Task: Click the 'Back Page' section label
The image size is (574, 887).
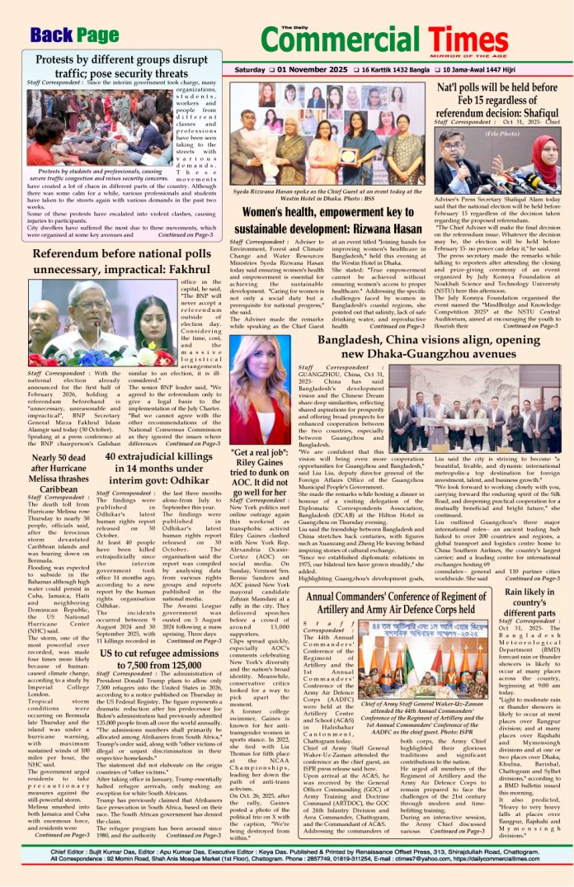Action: (x=73, y=35)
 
